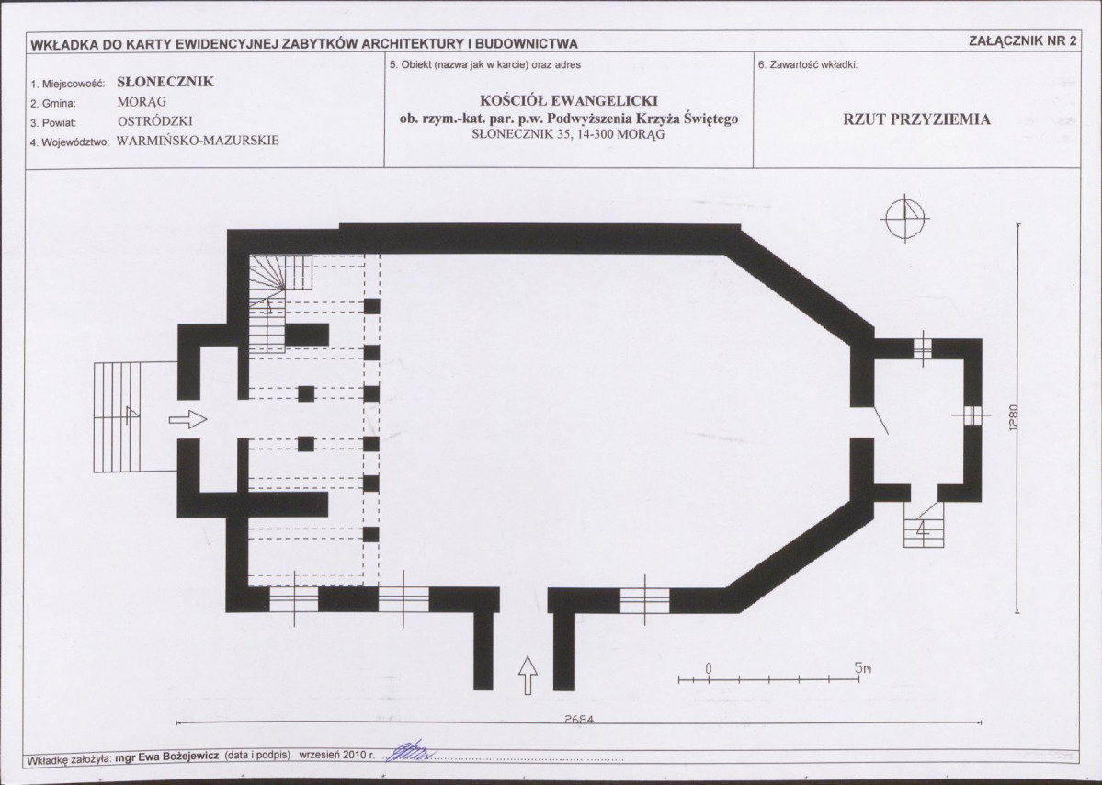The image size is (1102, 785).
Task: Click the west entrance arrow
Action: click(187, 419)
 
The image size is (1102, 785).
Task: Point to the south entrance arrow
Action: click(528, 676)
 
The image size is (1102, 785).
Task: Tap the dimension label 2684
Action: click(579, 720)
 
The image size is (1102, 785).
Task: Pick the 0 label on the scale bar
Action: click(709, 667)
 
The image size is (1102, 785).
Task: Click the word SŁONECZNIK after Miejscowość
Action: click(165, 82)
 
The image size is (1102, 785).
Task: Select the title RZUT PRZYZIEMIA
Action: click(916, 119)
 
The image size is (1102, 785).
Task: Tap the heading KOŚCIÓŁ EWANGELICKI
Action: click(569, 100)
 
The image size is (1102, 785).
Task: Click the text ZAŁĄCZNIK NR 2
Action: click(1023, 40)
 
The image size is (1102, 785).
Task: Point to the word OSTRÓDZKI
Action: click(154, 121)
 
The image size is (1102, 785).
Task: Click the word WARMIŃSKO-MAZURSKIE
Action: click(198, 140)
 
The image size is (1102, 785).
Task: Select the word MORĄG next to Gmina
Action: click(142, 102)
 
